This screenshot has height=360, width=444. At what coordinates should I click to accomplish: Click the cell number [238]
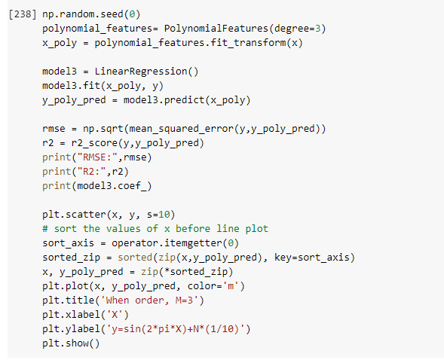coord(23,14)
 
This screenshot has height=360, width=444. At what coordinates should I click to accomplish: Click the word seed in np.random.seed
coord(112,14)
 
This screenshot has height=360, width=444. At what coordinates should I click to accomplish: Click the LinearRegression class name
coord(141,72)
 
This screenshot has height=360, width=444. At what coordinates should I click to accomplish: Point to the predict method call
coord(185,100)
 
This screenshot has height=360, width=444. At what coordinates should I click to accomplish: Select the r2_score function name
coord(94,143)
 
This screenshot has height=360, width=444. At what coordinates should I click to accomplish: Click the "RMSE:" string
coord(97,157)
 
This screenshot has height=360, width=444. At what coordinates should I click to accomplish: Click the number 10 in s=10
coord(164,215)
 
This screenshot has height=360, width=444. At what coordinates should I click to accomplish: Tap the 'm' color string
coord(231,286)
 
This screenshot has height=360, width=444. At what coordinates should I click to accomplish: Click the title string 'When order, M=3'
coord(149,301)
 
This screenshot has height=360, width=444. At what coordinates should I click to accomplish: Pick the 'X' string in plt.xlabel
coord(115,315)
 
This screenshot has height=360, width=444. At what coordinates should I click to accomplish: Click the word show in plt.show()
coord(77,343)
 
